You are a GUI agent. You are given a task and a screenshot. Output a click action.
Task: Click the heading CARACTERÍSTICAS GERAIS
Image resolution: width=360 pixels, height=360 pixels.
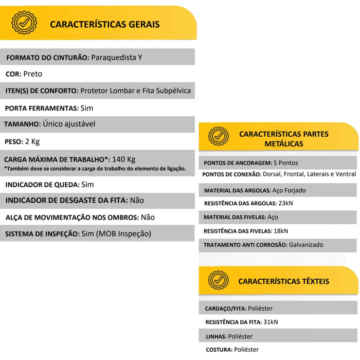pos(104,24)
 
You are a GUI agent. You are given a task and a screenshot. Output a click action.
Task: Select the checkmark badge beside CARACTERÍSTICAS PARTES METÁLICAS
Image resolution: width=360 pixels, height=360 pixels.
pos(219,137)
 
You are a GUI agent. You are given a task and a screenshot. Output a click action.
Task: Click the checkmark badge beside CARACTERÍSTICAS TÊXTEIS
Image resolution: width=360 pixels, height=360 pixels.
pos(219,280)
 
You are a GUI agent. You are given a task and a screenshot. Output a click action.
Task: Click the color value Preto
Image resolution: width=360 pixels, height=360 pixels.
pos(33,74)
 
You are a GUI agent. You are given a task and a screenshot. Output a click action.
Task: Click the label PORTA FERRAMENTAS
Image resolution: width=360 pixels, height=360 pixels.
pos(42,108)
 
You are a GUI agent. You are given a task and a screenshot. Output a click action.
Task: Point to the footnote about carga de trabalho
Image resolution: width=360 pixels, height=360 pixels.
pos(95,168)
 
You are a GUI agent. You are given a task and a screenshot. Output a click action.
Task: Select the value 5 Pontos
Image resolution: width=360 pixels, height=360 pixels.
pos(286,163)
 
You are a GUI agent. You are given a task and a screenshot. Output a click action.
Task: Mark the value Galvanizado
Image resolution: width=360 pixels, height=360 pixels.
pos(306,245)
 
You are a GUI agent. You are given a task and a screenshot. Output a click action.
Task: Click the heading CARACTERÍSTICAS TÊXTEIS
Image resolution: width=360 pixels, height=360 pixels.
pos(283,281)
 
